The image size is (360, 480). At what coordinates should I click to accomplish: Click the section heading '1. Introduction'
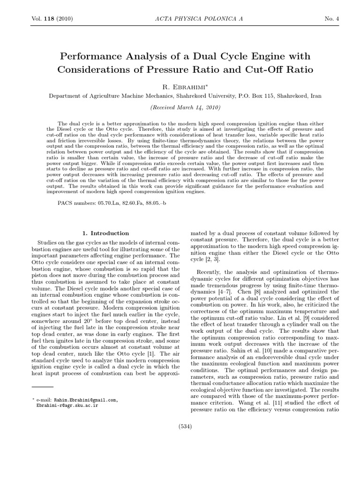(x=105, y=233)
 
